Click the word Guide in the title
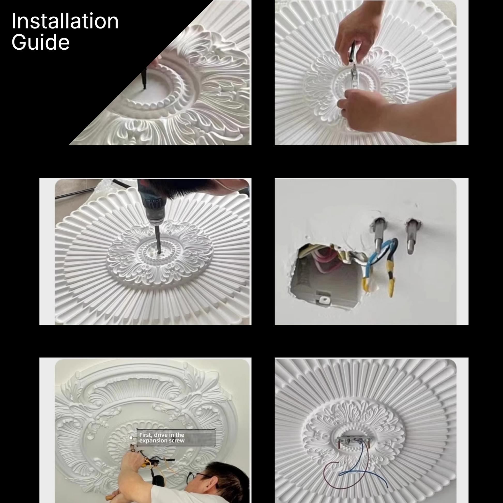pos(41,42)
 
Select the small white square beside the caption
pos(131,438)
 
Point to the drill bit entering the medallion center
pos(158,240)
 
